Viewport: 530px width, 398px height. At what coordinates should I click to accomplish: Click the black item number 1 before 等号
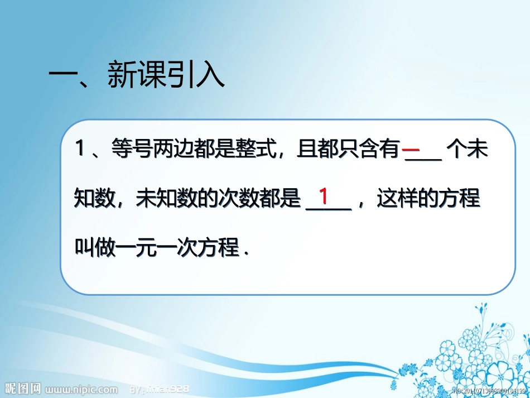tap(80, 150)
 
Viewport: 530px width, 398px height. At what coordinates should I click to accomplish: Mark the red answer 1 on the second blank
tap(324, 196)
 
